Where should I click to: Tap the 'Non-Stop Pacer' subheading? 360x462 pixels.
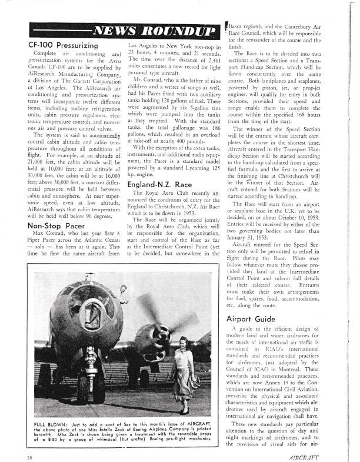coord(55,209)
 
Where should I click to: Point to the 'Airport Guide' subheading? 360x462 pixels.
coord(251,318)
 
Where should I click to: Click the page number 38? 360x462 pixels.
coord(29,456)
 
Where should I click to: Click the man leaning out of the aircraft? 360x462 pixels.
coord(123,291)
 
